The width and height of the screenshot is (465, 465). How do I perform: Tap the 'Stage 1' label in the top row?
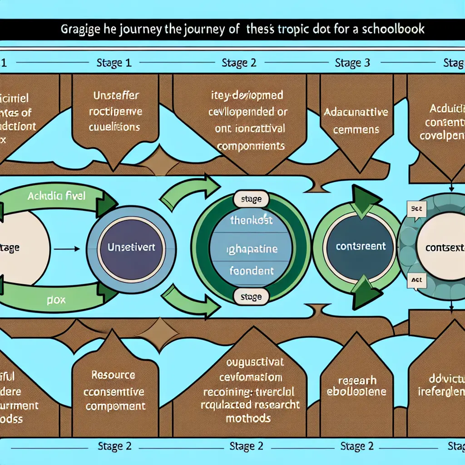point(114,63)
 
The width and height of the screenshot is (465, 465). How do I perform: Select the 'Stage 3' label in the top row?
point(352,63)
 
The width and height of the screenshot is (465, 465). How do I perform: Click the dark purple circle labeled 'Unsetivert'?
point(131,247)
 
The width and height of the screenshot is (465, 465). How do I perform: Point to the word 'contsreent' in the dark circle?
point(361,247)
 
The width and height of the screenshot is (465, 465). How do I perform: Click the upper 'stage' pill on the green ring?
point(251,199)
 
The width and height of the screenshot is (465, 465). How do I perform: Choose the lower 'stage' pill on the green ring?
point(251,297)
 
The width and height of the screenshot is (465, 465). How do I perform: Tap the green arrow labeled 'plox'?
point(54,300)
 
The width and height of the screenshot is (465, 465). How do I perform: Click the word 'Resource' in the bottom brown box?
point(113,375)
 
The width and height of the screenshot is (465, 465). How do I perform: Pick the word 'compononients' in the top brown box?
point(251,146)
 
